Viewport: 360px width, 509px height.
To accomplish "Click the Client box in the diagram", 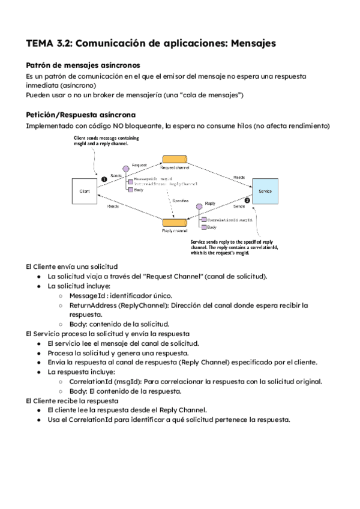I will click(85, 191).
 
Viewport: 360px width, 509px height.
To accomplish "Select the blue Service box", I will click(265, 191).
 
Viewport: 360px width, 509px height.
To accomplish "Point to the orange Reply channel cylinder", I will click(175, 223).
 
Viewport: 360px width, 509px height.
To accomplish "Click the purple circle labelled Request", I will click(126, 169).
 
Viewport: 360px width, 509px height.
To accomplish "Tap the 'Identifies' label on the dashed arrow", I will click(181, 200).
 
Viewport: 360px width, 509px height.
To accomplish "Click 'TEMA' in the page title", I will click(40, 43).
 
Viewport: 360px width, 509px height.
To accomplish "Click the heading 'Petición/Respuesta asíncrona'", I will click(81, 115).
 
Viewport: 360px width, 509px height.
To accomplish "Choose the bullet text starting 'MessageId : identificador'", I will click(121, 295).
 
